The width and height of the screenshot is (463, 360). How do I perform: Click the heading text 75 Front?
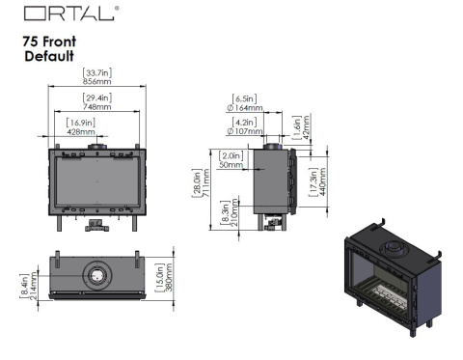coord(49,42)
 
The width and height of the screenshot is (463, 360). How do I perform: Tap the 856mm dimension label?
coord(97,81)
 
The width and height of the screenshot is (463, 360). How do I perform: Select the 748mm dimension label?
coord(97,106)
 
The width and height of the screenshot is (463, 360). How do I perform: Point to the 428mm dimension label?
coord(81,131)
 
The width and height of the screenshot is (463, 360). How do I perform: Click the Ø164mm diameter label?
coord(245,108)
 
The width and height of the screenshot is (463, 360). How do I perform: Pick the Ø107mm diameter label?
coord(245,131)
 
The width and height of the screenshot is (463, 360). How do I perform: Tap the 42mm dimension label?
coord(306,127)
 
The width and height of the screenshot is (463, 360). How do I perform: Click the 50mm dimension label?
coord(231,165)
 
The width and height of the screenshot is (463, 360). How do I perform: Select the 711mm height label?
coord(206,182)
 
